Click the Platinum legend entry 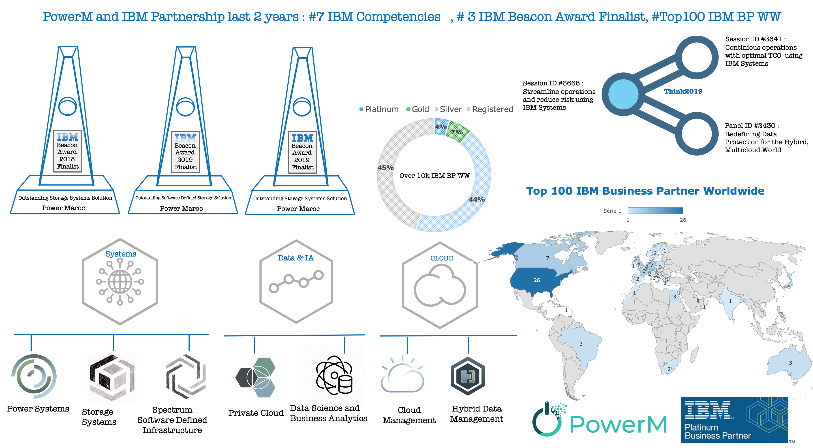click(379, 109)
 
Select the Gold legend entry click(418, 109)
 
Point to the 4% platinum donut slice click(440, 127)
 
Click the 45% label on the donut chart click(385, 167)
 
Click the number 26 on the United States click(536, 280)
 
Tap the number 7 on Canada click(547, 258)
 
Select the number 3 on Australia click(790, 363)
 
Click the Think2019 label click(683, 91)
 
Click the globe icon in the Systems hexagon click(120, 281)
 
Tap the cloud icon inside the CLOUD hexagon click(440, 286)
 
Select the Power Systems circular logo click(34, 376)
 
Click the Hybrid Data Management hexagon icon click(468, 376)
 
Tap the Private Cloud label click(256, 413)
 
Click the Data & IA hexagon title click(296, 258)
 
